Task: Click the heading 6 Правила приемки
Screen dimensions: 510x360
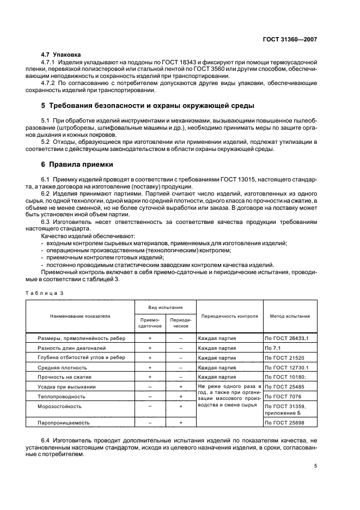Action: point(78,163)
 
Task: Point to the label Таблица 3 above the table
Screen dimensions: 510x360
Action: point(45,293)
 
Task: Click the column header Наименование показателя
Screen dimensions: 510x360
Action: point(80,315)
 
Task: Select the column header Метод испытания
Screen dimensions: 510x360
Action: point(290,315)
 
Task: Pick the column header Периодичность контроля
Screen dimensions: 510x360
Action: point(229,315)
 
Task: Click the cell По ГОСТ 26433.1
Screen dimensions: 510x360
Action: point(286,338)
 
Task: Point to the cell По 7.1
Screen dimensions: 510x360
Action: point(272,348)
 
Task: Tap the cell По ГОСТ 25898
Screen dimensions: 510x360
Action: point(285,422)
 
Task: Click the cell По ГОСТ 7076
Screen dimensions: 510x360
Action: point(283,396)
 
